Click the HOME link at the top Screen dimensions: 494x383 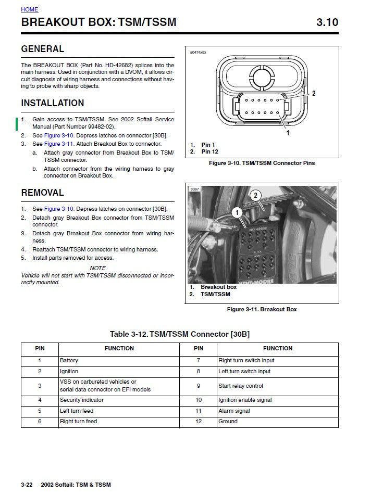[x=29, y=9]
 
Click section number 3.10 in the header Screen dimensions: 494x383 [x=327, y=22]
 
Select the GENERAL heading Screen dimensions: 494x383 [x=42, y=49]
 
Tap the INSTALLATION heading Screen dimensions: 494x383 [x=52, y=103]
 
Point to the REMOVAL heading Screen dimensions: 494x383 [x=42, y=193]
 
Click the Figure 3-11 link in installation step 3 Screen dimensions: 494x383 [x=58, y=144]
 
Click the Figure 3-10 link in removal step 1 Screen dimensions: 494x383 [x=58, y=209]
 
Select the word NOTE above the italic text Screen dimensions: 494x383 [x=97, y=269]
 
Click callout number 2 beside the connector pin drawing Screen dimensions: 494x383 [x=314, y=94]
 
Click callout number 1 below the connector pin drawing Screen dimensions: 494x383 [x=288, y=133]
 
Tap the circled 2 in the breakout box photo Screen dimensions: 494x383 [x=255, y=196]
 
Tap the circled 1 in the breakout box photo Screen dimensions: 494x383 [x=237, y=212]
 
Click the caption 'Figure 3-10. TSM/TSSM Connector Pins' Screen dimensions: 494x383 [x=262, y=163]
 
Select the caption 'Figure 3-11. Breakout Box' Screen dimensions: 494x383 [x=262, y=309]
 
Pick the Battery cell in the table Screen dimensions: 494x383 [x=69, y=360]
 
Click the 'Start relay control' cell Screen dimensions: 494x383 [x=240, y=386]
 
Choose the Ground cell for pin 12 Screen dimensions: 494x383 [x=228, y=421]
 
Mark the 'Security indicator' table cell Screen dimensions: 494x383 [x=81, y=400]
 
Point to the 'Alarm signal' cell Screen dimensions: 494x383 [x=234, y=411]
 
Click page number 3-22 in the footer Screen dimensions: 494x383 [x=27, y=485]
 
